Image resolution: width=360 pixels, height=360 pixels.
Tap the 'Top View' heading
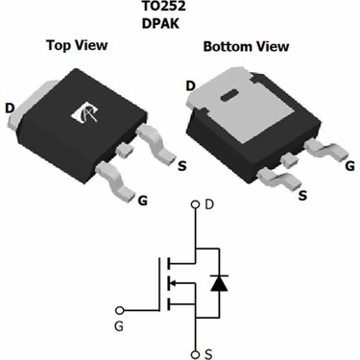pyautogui.click(x=78, y=45)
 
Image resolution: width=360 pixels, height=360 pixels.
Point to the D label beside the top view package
pyautogui.click(x=10, y=108)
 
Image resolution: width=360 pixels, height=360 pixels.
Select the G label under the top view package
pyautogui.click(x=143, y=201)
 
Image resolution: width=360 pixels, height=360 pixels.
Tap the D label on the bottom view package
pyautogui.click(x=191, y=85)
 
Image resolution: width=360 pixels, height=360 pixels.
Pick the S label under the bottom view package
pyautogui.click(x=302, y=196)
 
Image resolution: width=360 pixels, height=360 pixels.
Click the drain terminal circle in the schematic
pyautogui.click(x=197, y=204)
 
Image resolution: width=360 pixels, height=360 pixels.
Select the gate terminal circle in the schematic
pyautogui.click(x=120, y=310)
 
